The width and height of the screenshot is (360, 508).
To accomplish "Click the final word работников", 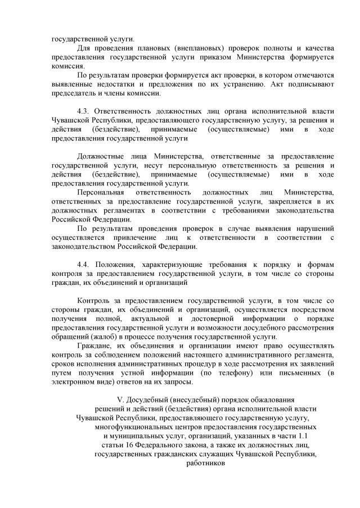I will pos(205,464).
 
